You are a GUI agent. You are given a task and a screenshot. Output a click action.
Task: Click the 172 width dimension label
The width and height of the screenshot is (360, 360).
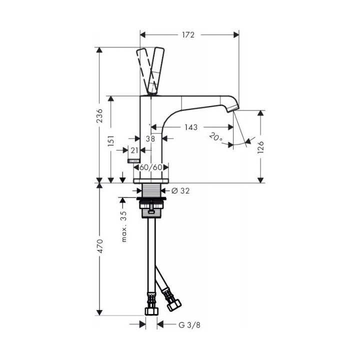[188, 35]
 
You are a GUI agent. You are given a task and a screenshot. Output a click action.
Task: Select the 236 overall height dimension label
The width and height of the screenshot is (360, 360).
[100, 115]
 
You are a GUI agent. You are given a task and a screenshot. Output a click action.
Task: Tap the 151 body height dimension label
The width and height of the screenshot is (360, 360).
[111, 140]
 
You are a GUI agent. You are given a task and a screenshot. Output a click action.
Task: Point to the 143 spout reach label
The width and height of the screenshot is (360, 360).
[191, 127]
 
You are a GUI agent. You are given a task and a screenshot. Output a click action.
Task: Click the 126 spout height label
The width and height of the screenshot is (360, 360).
[261, 147]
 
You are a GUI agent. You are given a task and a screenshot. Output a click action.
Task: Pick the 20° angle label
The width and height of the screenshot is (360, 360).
[216, 137]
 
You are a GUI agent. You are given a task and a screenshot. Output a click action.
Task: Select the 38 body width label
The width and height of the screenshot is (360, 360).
[150, 138]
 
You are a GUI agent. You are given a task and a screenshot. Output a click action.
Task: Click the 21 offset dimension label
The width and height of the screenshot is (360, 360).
[134, 150]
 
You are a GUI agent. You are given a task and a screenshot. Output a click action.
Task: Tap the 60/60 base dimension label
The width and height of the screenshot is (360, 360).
[151, 167]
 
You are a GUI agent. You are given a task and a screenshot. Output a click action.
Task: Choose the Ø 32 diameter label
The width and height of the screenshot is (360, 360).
[180, 190]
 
